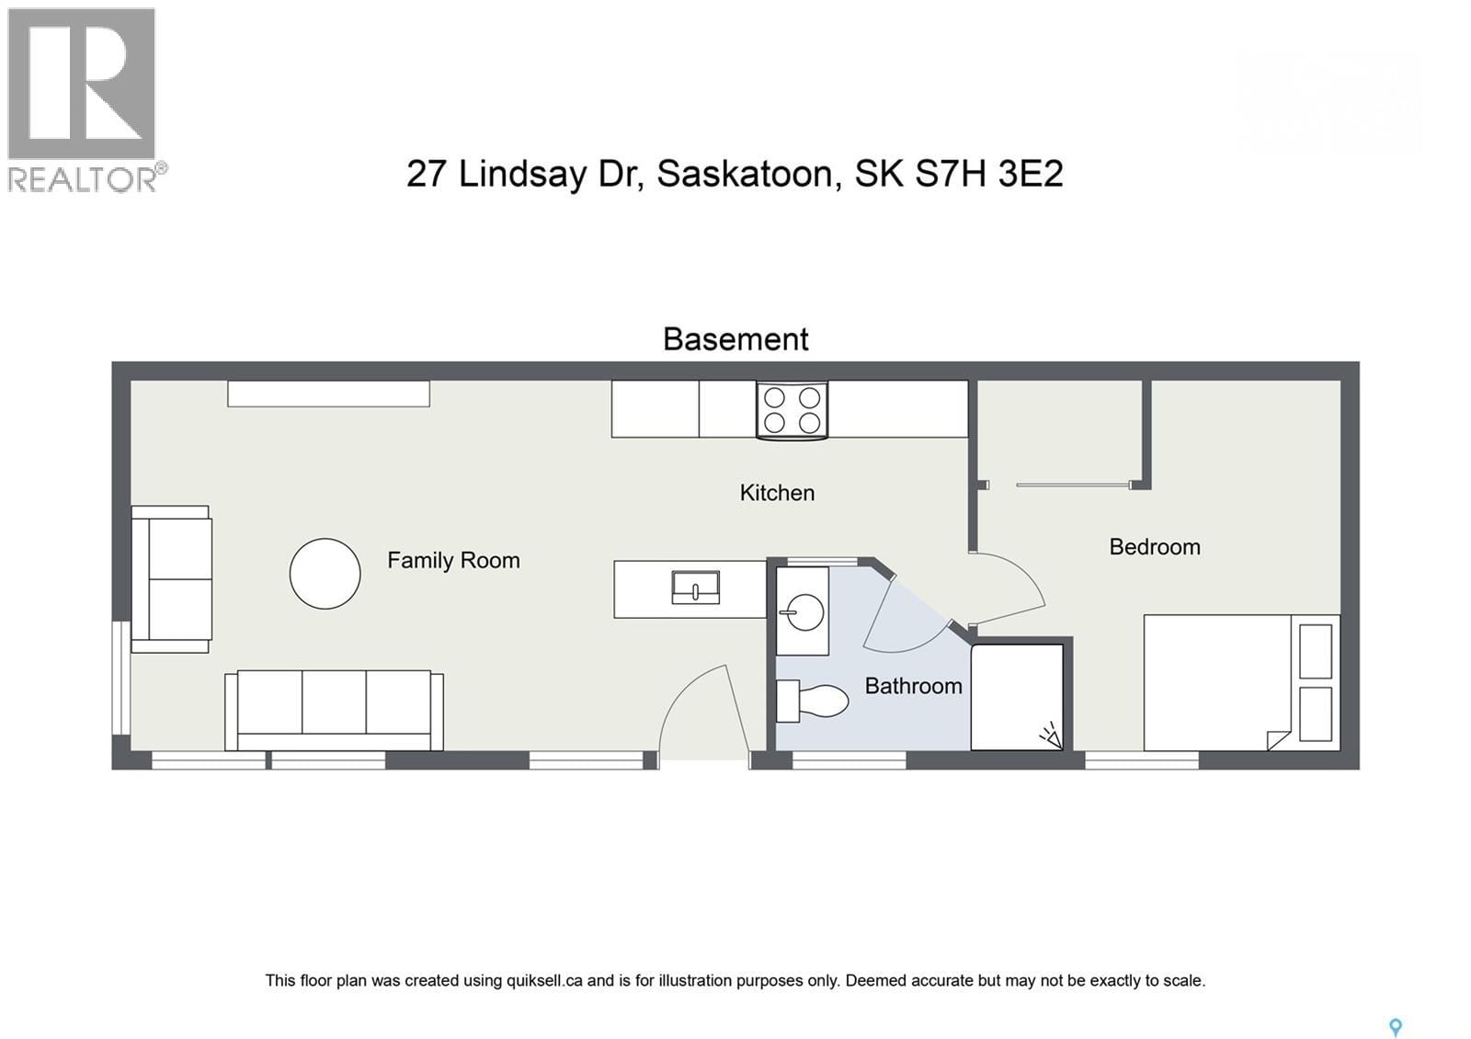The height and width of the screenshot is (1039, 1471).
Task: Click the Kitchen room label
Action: coord(777,493)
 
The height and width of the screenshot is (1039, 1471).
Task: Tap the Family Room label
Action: coord(453,560)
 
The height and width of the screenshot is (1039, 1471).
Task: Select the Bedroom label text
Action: coord(1154,547)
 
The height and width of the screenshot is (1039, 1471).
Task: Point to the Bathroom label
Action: coord(913,686)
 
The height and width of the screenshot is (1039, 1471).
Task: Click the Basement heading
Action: coord(735,339)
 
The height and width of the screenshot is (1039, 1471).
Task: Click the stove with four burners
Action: coord(792,410)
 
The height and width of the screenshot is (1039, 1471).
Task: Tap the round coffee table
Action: coord(325,574)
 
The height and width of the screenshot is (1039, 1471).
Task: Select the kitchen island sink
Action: coord(695,588)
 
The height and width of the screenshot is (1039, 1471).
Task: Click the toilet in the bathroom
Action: coord(813,702)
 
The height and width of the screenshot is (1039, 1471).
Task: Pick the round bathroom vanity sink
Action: coord(804,612)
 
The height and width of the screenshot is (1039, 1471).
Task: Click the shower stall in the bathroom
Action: coord(1017,697)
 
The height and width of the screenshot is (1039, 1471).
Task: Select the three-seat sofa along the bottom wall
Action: coord(334,710)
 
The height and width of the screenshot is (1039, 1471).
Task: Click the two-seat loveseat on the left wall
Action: coord(172,579)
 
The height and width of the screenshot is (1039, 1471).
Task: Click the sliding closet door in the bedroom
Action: coord(1072,485)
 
